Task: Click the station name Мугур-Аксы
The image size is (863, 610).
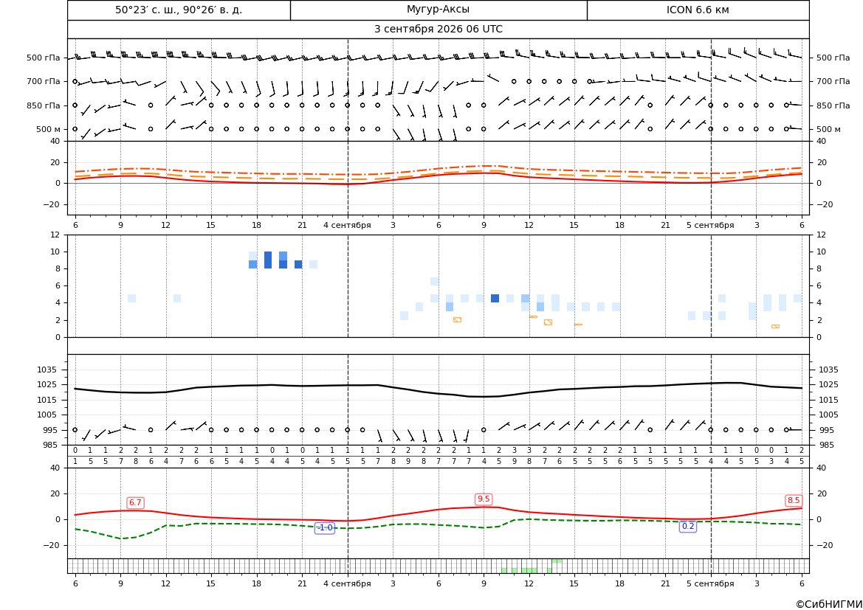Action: coord(438,10)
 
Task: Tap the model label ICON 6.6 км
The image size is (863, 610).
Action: coord(698,10)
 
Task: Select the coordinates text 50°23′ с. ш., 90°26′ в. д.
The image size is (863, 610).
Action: coord(179,10)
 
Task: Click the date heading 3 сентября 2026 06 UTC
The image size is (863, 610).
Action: coord(438,30)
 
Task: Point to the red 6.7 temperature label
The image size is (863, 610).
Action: coord(135,503)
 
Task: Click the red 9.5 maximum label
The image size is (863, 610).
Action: coord(484,499)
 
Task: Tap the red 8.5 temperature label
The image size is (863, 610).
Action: coord(794,501)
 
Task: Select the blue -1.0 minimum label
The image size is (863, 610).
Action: coord(325,528)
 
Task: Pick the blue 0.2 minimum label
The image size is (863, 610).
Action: coord(688,527)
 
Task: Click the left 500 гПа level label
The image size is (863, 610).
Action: coord(43,58)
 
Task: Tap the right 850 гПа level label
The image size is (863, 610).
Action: coord(833,105)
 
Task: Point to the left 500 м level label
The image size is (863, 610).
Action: coord(48,129)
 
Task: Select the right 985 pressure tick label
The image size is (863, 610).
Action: coord(828,445)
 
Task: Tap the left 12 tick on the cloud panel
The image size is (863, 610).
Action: coord(55,235)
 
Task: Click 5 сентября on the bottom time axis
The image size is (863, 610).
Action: coord(710,583)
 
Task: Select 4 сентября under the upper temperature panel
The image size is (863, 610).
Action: coord(347,225)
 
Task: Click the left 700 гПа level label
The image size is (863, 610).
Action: coord(43,81)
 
